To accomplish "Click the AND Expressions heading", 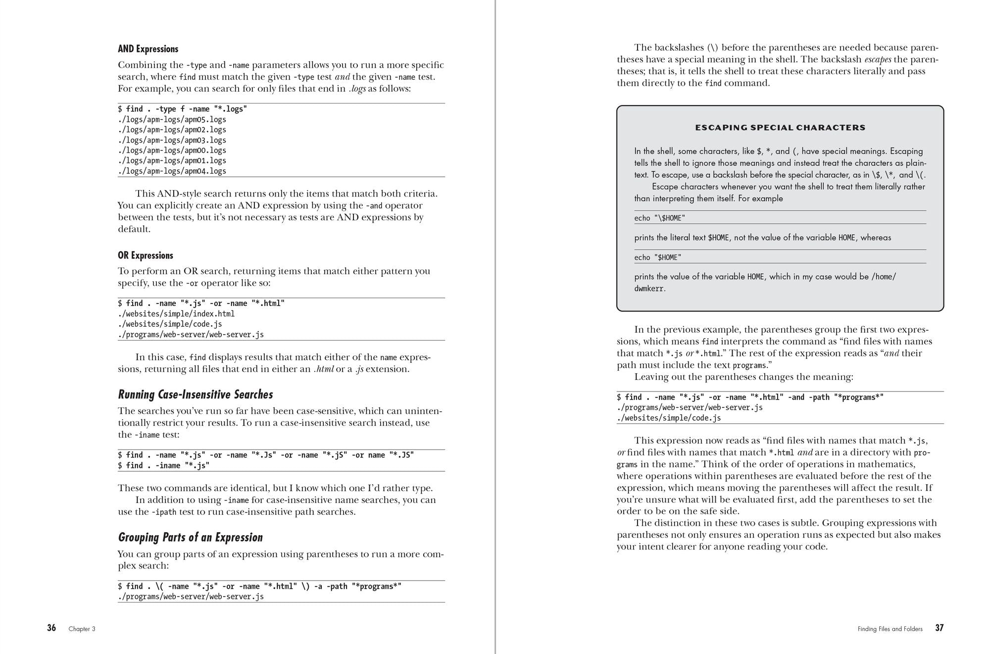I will [x=148, y=49].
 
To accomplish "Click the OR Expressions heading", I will [x=146, y=255].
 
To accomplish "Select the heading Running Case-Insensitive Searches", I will [x=196, y=395].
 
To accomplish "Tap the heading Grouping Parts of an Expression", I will [x=190, y=537].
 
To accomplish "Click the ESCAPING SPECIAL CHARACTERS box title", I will [x=780, y=128].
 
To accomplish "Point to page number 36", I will [x=51, y=628].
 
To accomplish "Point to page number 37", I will [x=939, y=628].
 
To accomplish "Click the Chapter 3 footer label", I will [x=82, y=629].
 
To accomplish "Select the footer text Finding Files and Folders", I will [x=890, y=629].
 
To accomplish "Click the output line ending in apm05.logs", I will [x=172, y=119].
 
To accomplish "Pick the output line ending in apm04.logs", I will [x=172, y=171].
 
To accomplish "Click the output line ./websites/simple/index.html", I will [x=176, y=314].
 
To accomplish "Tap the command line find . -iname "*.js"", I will [x=164, y=465].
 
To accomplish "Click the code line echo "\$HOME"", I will [x=660, y=218].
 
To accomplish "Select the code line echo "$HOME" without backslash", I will [x=658, y=257].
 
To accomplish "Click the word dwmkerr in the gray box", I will [x=648, y=289].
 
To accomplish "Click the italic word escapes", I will [x=878, y=59].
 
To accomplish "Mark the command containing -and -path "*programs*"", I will [x=750, y=397].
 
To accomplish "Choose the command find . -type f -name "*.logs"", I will [x=182, y=109].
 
